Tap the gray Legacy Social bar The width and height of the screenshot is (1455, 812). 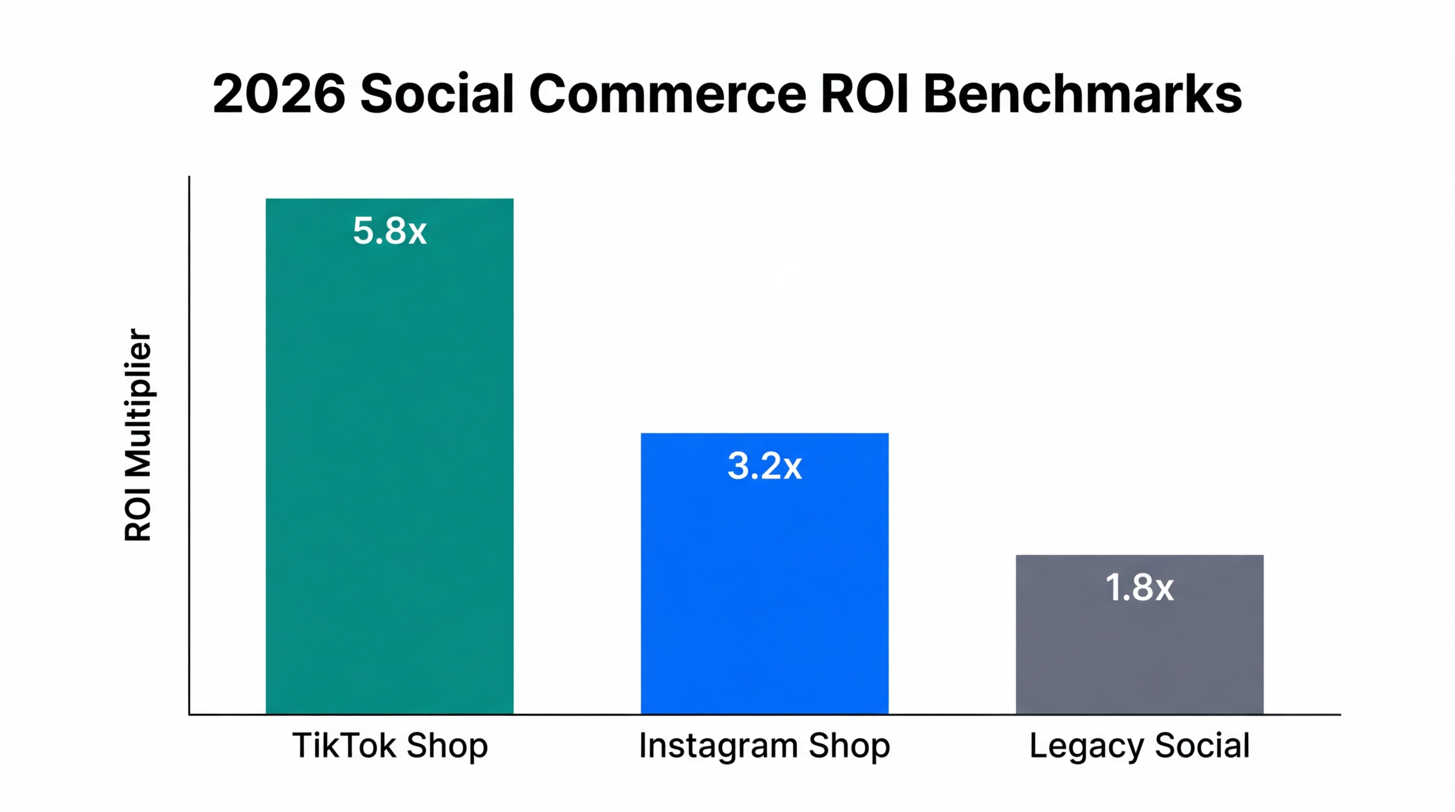tap(1139, 649)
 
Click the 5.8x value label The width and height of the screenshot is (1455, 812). tap(390, 231)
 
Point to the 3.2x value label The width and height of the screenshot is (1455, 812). tap(764, 466)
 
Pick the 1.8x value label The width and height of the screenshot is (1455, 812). tap(1139, 588)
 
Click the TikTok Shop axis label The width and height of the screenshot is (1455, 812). tap(390, 745)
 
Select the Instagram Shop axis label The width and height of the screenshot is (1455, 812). tap(764, 745)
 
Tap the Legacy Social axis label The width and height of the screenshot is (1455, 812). tap(1139, 745)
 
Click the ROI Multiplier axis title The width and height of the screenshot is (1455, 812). tap(138, 435)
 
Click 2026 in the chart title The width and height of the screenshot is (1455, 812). tap(279, 94)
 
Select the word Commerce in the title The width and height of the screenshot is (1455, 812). tap(667, 94)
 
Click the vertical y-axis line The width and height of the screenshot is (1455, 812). tap(189, 446)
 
